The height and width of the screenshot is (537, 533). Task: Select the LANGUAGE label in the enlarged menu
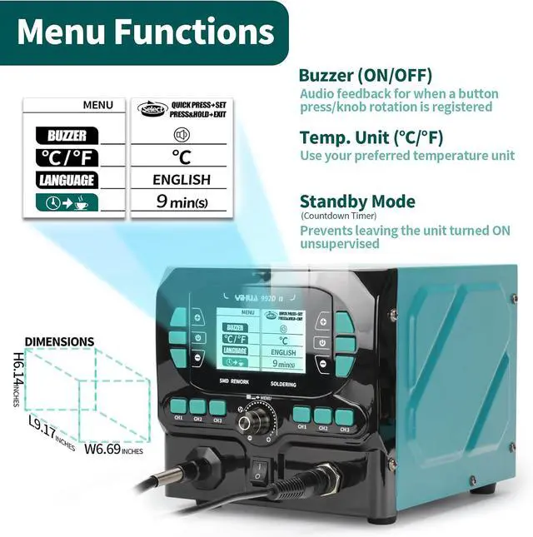click(x=67, y=180)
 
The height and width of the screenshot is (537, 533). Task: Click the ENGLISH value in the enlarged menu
click(x=182, y=180)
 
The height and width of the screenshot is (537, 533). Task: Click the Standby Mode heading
click(x=356, y=201)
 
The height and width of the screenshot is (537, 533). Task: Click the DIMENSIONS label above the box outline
click(x=59, y=341)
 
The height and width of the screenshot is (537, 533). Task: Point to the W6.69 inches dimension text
click(x=114, y=450)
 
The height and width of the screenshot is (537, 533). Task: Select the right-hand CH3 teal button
click(x=342, y=415)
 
